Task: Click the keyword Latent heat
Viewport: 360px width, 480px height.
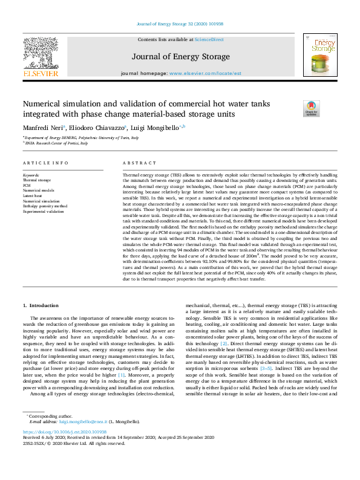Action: point(33,196)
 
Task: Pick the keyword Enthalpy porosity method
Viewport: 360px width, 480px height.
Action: point(45,206)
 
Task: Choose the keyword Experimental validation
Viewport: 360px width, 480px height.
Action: point(44,212)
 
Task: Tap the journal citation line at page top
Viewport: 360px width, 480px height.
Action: point(179,24)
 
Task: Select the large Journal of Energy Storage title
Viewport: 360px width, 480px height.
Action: point(179,57)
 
